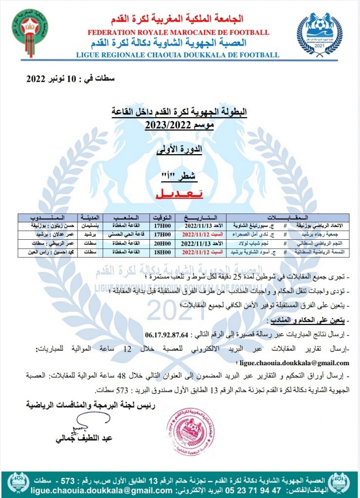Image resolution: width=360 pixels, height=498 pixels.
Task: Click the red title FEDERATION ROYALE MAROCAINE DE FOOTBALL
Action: click(178, 33)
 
